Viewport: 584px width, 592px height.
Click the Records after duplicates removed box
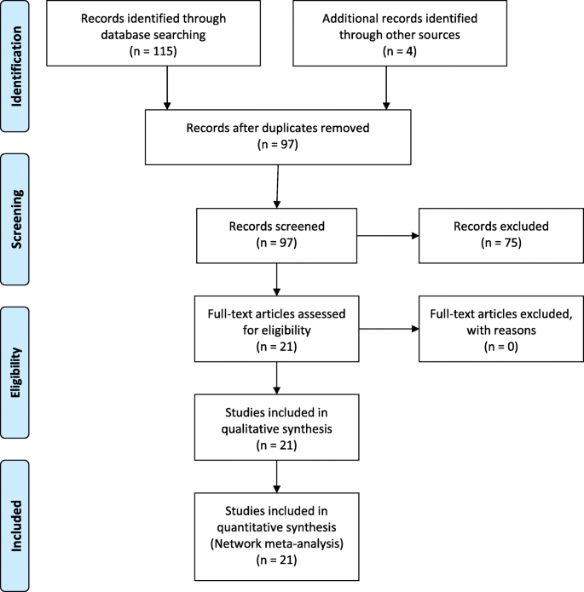[275, 137]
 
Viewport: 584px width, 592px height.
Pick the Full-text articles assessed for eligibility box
[275, 326]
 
